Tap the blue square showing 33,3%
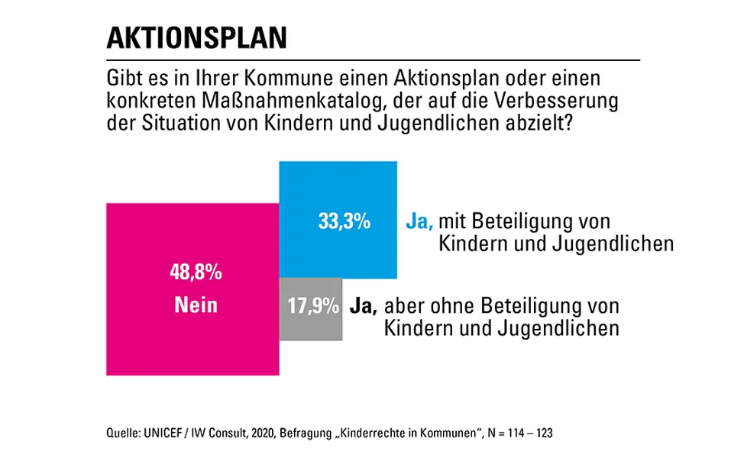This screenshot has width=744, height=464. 338,191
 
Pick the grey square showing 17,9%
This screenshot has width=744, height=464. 312,324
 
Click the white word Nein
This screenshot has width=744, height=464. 195,305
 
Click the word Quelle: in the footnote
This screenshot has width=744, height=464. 122,433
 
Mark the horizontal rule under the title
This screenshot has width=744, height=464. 373,60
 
